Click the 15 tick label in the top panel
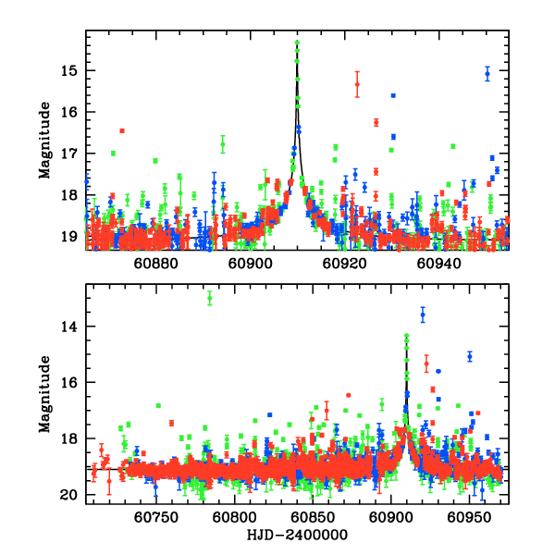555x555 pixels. [70, 70]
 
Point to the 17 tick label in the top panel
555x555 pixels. [70, 153]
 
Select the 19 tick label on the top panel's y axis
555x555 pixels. [70, 235]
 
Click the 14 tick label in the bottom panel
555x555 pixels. [70, 327]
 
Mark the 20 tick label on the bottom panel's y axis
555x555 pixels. [70, 495]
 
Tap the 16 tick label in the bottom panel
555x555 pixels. [70, 382]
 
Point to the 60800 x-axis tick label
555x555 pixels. [235, 518]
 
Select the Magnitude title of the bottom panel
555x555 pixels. [43, 394]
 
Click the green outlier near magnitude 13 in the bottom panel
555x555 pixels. [210, 298]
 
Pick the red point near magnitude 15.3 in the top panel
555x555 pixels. [357, 84]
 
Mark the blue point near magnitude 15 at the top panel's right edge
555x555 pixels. [487, 75]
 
